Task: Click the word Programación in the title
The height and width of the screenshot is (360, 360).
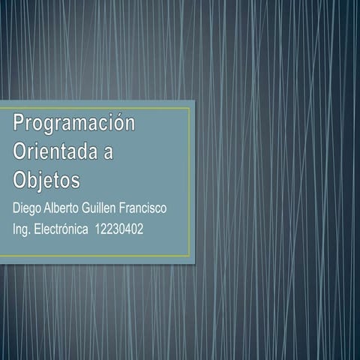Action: pyautogui.click(x=73, y=124)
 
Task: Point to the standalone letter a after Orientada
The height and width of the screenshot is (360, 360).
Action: pyautogui.click(x=108, y=153)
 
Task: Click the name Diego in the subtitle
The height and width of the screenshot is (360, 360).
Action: pyautogui.click(x=27, y=207)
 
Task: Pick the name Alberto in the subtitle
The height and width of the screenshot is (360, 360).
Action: pyautogui.click(x=66, y=206)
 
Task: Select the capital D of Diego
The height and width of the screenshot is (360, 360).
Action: pyautogui.click(x=17, y=206)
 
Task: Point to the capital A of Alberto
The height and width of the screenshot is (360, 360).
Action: pyautogui.click(x=49, y=206)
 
